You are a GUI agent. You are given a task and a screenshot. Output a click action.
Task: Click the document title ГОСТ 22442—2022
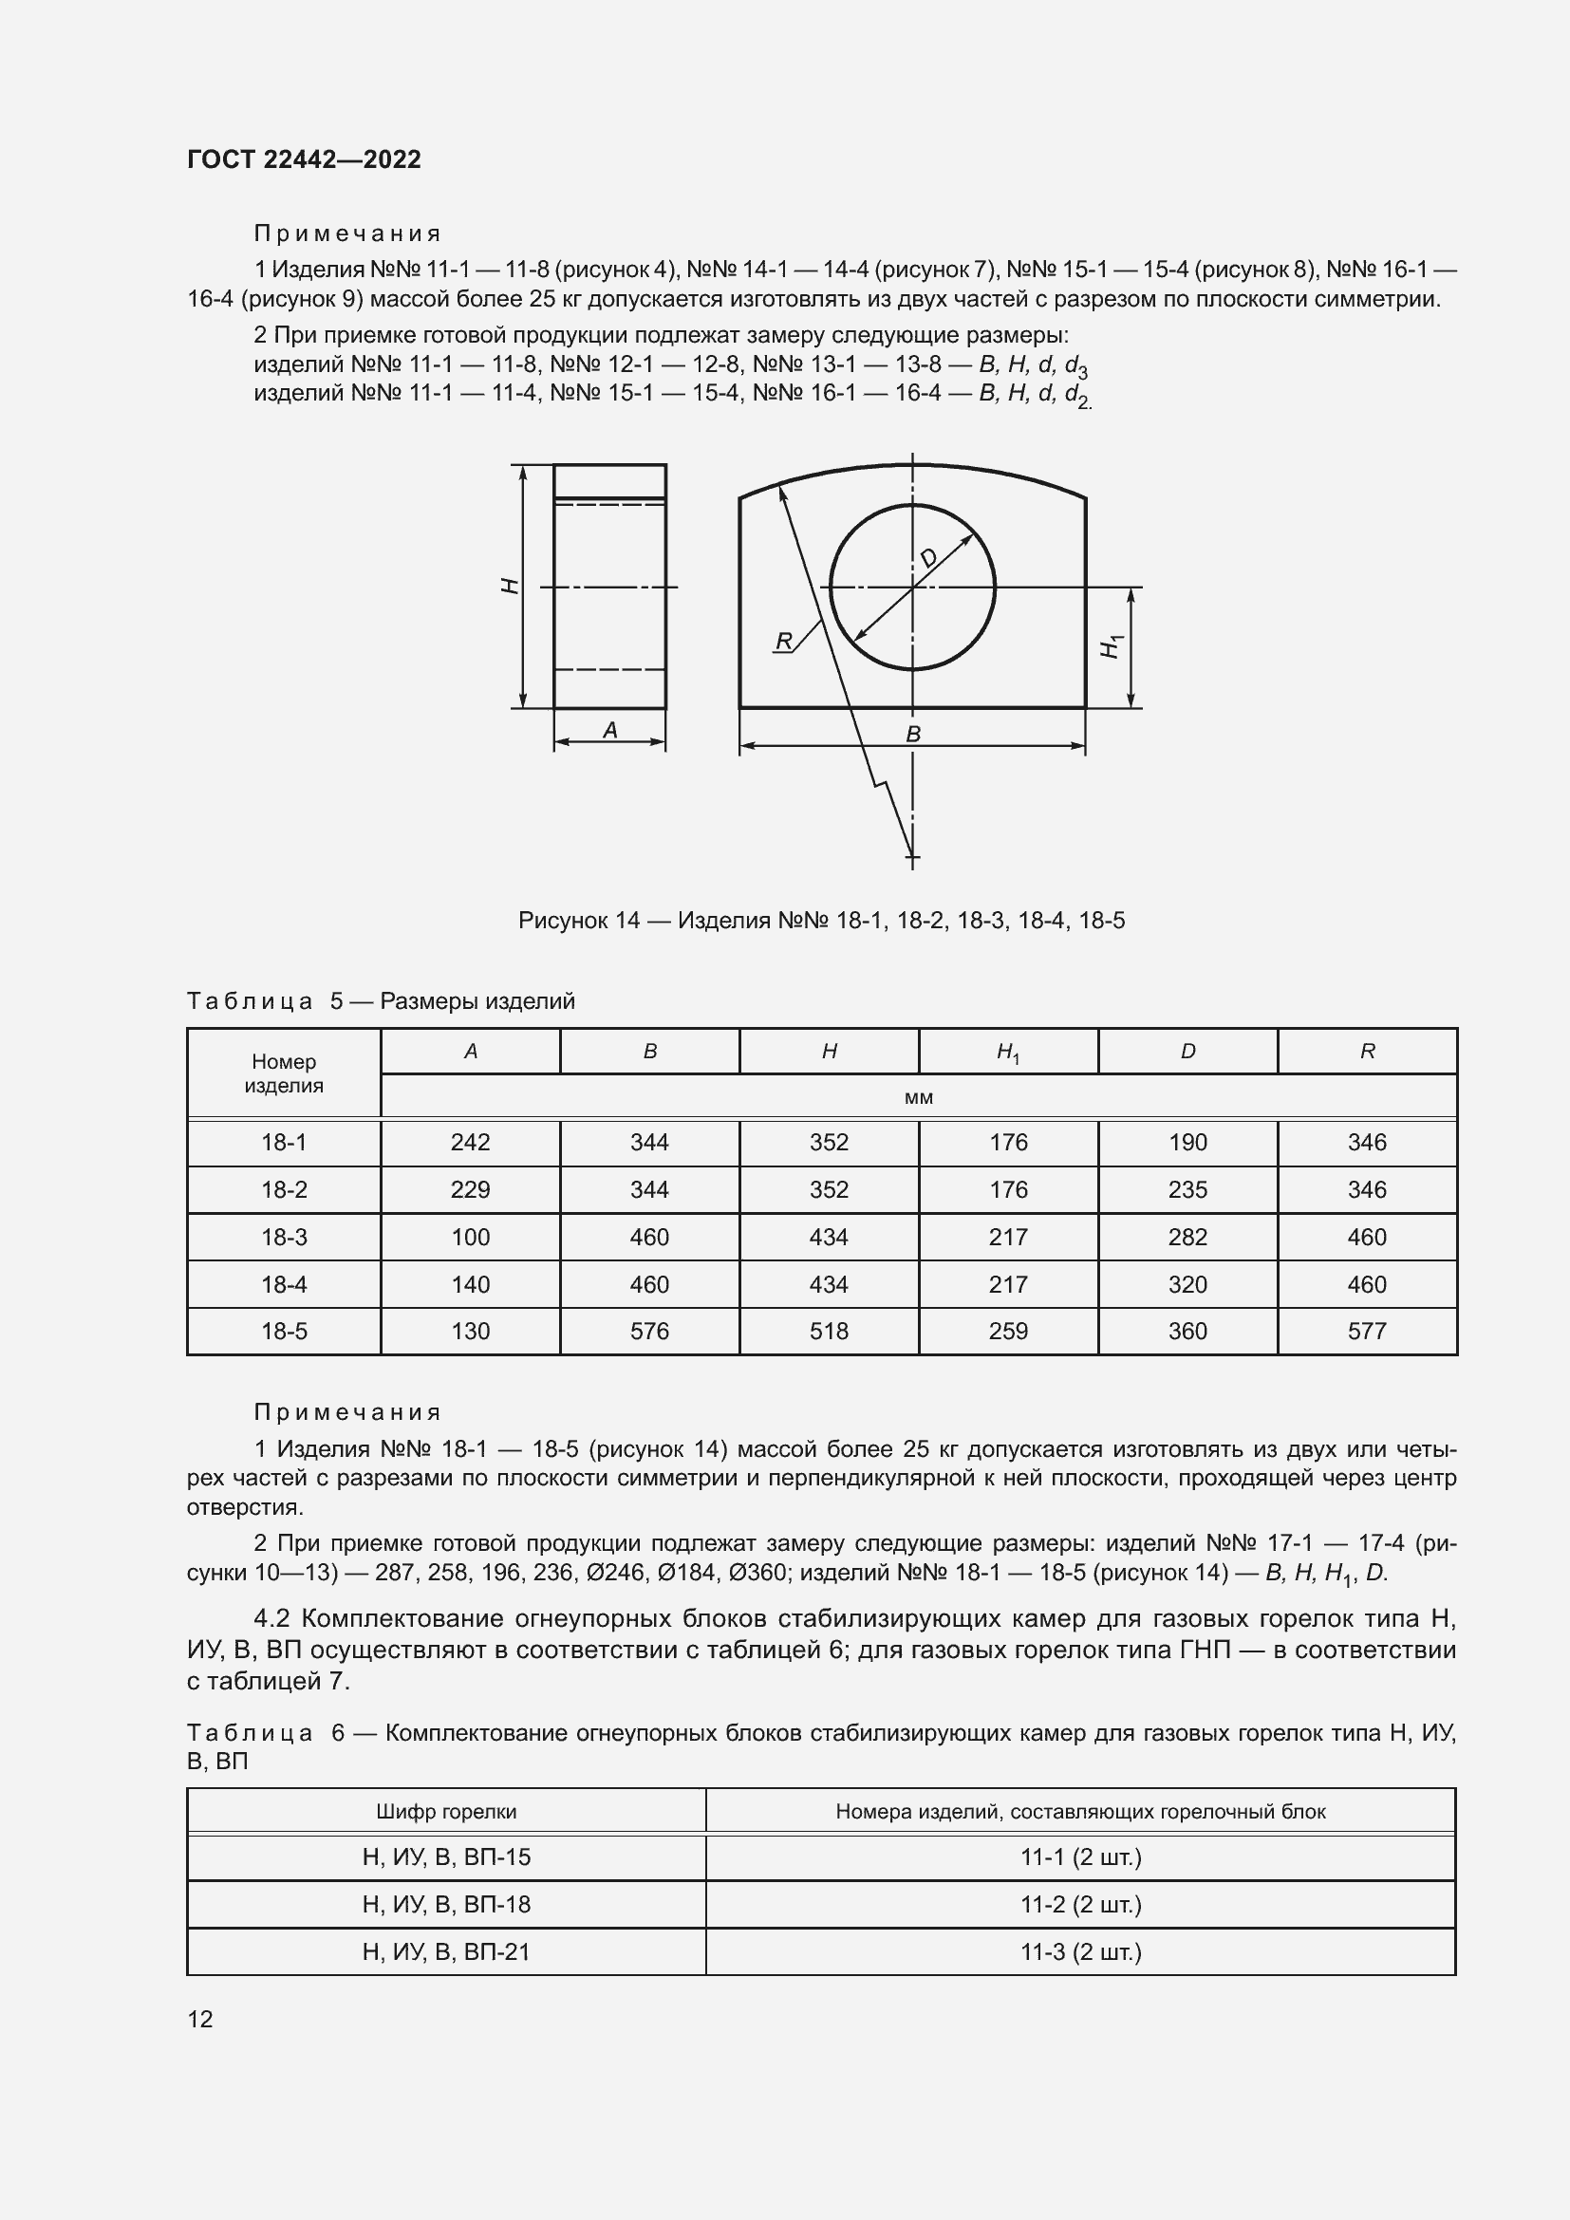pos(304,159)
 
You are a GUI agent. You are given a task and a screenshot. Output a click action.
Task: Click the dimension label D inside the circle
pos(928,558)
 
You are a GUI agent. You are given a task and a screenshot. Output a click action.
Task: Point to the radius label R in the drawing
pos(784,641)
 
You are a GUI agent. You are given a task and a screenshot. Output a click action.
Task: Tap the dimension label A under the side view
pos(610,731)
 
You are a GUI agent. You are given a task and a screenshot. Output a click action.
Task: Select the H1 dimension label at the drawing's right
pos(1112,647)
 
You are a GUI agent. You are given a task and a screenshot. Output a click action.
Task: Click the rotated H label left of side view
pos(511,586)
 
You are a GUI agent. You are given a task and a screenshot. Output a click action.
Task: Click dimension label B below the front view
pos(912,735)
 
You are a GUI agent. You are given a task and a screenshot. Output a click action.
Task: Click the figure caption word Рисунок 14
pos(578,921)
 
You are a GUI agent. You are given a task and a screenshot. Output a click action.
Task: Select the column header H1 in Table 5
pos(1007,1052)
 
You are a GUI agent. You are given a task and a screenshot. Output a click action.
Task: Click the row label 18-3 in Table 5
pos(283,1237)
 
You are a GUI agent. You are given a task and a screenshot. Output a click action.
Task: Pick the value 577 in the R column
pos(1366,1332)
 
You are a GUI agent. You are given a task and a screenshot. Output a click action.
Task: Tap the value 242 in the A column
pos(470,1143)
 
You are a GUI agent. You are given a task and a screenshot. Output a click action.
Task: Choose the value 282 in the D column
pos(1187,1237)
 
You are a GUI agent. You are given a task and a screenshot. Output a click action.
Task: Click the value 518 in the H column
pos(829,1332)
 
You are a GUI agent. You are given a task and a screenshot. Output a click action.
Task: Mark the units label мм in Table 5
pos(919,1097)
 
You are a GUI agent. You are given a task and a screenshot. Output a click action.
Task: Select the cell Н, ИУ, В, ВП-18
pos(446,1904)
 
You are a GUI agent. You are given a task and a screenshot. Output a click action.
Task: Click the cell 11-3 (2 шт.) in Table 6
pos(1080,1951)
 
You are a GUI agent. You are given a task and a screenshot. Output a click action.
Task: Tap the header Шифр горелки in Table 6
pos(446,1812)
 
